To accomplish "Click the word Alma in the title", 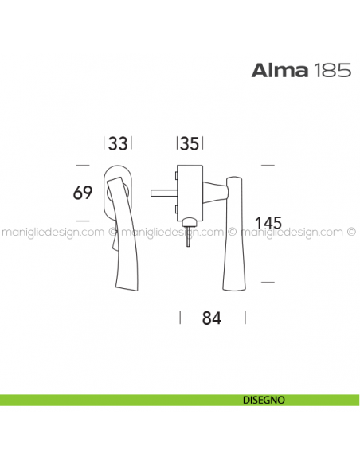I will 276,70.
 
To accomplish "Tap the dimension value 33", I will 118,144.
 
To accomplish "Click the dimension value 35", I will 190,144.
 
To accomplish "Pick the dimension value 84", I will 210,318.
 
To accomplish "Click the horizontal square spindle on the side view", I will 162,191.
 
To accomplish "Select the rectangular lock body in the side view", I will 190,191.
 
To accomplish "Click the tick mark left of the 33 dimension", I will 105,144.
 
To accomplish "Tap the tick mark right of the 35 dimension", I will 203,144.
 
